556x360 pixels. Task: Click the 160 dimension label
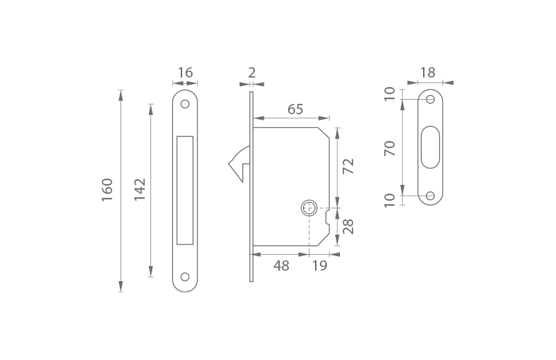tap(107, 190)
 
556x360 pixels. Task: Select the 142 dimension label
tap(140, 190)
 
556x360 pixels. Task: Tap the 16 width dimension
tap(185, 73)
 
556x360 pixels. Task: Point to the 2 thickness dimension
tap(252, 73)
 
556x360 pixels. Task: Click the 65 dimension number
tap(296, 109)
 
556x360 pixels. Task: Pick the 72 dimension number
tap(348, 166)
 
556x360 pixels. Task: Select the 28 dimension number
tap(348, 226)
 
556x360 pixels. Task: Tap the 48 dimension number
tap(281, 266)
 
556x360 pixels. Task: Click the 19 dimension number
tap(319, 266)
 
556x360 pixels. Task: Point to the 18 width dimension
tap(428, 73)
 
